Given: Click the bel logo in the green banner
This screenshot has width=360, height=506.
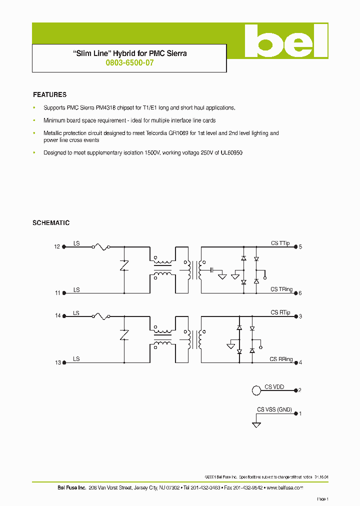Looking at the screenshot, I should click(285, 41).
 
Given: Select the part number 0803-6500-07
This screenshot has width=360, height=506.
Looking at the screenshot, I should click(129, 63).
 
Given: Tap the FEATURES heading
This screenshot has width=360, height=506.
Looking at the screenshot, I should click(49, 94).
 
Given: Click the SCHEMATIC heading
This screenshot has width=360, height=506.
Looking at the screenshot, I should click(51, 223).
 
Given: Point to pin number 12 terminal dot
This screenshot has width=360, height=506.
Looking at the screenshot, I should click(63, 246).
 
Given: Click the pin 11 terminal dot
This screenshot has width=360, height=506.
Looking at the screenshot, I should click(63, 293).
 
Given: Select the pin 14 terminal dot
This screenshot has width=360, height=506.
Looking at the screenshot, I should click(63, 316).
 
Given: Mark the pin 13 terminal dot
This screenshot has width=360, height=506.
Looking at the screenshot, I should click(63, 362).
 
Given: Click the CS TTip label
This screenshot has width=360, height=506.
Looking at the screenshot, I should click(280, 243).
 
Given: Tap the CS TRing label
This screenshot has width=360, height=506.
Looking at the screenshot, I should click(281, 289).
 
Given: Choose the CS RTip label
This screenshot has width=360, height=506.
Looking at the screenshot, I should click(280, 312).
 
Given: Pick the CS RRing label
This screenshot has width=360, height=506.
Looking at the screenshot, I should click(281, 359).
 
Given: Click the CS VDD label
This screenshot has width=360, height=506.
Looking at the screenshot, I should click(274, 386).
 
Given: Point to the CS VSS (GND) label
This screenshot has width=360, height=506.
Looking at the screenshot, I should click(274, 409).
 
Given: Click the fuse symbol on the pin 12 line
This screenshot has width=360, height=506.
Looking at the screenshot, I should click(101, 246).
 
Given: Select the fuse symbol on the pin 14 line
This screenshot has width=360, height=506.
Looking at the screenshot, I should click(101, 315).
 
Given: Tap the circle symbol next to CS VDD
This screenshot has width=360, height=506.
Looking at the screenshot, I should click(256, 390).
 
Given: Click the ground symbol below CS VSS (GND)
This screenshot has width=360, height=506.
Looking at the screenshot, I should click(256, 424).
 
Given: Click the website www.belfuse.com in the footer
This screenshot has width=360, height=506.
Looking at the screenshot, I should click(285, 487).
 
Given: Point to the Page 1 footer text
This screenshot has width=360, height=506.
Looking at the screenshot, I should click(322, 499).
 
